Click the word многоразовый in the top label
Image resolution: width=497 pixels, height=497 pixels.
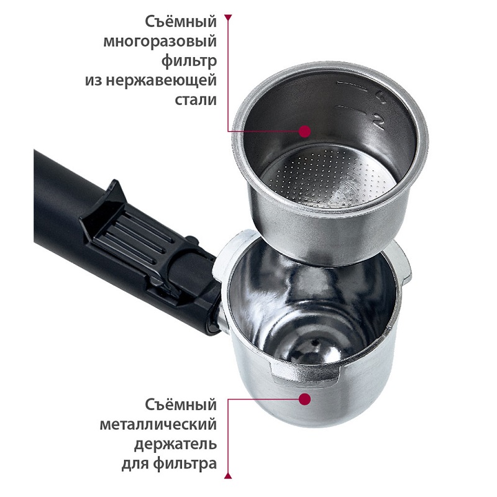(x=160, y=42)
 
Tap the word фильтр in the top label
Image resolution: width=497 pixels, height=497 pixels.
(x=189, y=61)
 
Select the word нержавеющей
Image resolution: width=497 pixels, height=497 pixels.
(x=161, y=81)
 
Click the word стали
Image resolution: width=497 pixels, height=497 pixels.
(x=196, y=100)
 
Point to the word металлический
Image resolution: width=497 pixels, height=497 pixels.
(x=158, y=425)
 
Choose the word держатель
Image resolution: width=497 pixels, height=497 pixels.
(x=175, y=444)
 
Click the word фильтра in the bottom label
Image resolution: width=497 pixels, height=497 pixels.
(x=185, y=464)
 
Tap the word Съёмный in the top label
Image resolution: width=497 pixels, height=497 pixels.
(x=181, y=22)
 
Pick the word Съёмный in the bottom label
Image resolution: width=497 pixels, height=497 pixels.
(x=181, y=405)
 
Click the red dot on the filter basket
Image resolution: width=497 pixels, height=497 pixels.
(x=305, y=131)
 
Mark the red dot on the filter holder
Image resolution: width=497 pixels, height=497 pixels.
(x=305, y=399)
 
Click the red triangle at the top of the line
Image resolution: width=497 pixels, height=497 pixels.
(x=228, y=18)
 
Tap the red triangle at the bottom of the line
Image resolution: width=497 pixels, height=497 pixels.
(x=228, y=475)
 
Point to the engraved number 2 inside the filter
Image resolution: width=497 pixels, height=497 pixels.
(x=379, y=122)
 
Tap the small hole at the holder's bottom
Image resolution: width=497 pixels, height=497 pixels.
(x=316, y=342)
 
